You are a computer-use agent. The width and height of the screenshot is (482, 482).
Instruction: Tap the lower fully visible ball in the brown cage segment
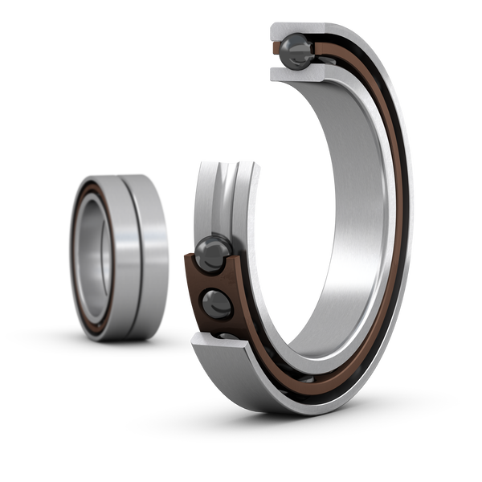coord(216,303)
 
